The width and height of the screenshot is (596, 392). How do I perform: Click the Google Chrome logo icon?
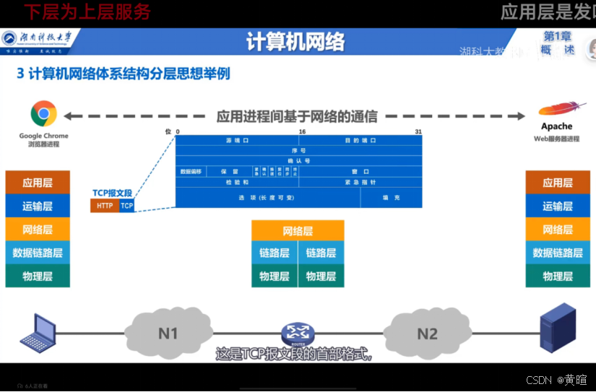click(43, 114)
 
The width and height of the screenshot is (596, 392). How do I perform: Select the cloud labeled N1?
click(168, 334)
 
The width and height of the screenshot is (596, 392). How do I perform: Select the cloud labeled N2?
click(428, 334)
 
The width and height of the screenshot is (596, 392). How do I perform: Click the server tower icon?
click(558, 328)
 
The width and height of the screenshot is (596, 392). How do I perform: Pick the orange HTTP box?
click(105, 206)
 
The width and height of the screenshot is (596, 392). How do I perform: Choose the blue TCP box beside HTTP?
click(127, 206)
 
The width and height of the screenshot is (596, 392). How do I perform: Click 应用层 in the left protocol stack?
click(38, 183)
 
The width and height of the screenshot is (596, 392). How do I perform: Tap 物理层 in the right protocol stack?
click(558, 276)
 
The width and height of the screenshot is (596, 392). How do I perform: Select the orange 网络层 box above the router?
click(298, 231)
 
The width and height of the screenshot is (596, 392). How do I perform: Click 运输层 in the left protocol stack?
click(38, 206)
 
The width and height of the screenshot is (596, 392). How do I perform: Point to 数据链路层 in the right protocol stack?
click(558, 253)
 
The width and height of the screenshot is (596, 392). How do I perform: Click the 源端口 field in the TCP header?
click(237, 140)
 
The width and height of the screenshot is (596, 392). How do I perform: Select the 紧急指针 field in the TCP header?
click(360, 182)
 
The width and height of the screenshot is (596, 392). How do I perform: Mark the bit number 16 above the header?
click(302, 131)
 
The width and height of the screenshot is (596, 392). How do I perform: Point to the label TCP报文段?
click(113, 193)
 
